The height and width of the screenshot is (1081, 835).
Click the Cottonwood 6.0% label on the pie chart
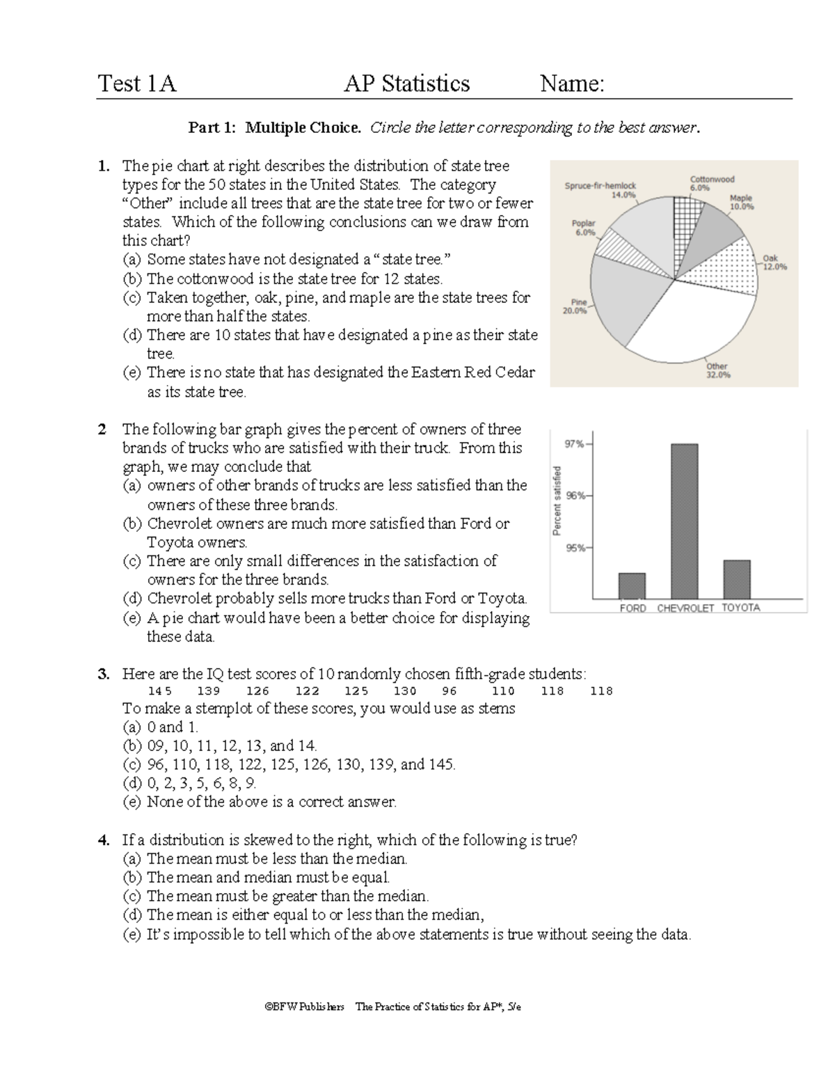point(711,184)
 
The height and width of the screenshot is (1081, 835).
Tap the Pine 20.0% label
point(575,307)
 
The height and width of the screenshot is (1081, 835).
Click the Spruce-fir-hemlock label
point(601,190)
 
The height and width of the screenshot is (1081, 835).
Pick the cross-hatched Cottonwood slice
point(685,223)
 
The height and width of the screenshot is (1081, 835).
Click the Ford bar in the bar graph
point(632,585)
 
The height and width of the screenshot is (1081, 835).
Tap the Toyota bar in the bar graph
point(737,579)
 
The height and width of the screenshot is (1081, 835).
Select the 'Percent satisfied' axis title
point(557,500)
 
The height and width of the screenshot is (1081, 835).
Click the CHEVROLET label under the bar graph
point(685,608)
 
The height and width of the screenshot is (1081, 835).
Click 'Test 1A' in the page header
point(137,84)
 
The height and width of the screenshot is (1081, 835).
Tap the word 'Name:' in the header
point(572,84)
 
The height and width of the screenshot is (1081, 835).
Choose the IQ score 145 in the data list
point(160,691)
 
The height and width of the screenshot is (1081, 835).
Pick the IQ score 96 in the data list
point(450,691)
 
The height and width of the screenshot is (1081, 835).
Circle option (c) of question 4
point(132,897)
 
